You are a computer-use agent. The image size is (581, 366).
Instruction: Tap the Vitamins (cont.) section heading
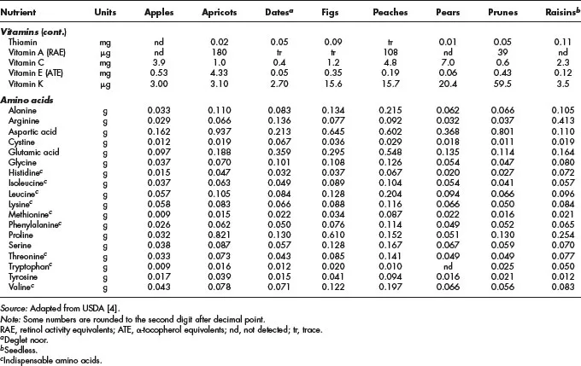click(x=38, y=30)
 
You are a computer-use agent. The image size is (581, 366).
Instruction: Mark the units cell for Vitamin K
click(x=109, y=86)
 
